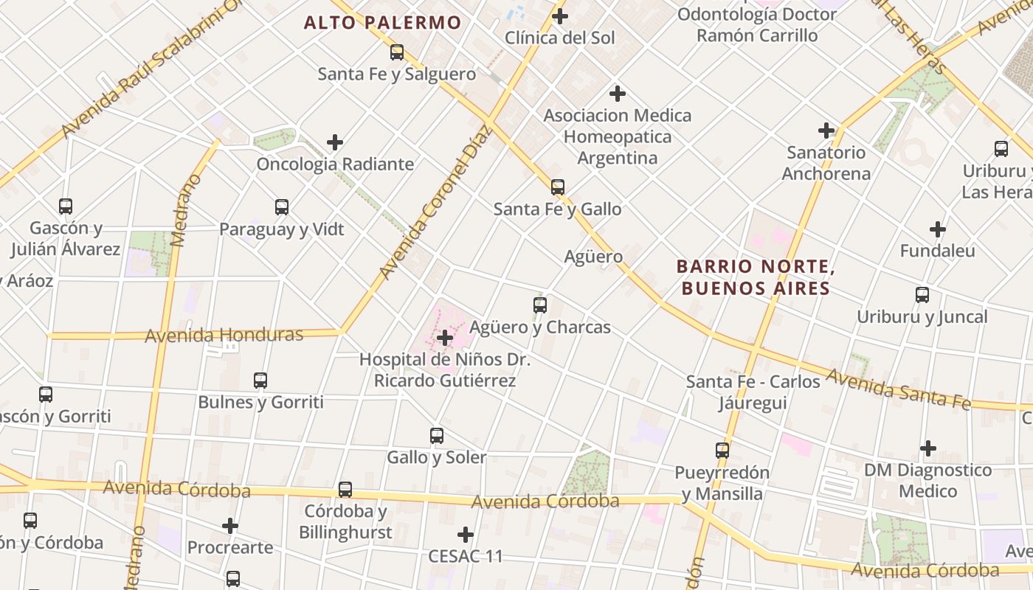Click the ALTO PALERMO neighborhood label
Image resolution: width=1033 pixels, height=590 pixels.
coord(382,23)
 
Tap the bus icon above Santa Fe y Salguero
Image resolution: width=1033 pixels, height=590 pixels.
coord(397,52)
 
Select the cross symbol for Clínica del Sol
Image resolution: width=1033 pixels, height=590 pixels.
coord(560,15)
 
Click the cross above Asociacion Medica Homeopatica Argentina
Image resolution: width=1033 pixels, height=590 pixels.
coord(618,94)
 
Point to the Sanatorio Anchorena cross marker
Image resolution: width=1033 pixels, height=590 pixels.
coord(826,131)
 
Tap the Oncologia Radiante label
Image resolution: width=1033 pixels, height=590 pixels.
coord(335,164)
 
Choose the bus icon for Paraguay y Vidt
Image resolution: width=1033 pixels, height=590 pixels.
coord(282,207)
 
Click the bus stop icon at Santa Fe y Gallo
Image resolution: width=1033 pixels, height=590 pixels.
coord(558,187)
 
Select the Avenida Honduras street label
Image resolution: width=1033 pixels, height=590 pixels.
coord(224,336)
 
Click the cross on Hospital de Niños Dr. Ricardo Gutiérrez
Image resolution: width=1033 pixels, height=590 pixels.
coord(445,338)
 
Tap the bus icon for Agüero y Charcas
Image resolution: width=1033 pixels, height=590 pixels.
coord(540,305)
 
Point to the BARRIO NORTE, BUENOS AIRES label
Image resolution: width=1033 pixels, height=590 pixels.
coord(756,277)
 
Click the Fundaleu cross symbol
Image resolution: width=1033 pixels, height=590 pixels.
coord(938,229)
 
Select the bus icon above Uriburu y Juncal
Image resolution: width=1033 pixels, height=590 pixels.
coord(922,295)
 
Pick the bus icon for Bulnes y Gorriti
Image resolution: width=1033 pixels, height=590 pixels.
coord(260,381)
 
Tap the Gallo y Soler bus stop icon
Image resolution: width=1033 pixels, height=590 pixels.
coord(437,436)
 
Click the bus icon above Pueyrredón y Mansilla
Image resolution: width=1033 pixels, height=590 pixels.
coord(722,451)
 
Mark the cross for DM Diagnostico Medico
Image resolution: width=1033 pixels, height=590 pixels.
coord(928,448)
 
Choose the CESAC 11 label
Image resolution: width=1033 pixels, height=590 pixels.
coord(466,556)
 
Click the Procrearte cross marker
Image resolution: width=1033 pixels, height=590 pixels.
coord(230,526)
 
